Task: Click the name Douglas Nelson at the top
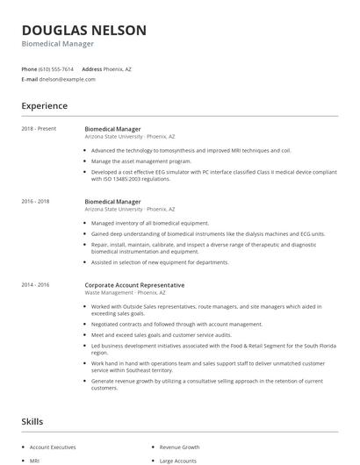tap(84, 31)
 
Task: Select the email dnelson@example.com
tap(68, 79)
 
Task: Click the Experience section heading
tap(44, 106)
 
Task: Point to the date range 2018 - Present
tap(40, 129)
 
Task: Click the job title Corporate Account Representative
tap(134, 285)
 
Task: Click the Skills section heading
tap(33, 422)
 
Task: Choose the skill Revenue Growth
tap(179, 447)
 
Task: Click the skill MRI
tap(35, 460)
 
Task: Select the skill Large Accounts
tap(179, 460)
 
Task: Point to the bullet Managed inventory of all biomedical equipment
tap(150, 223)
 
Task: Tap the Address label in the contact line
tap(91, 68)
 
